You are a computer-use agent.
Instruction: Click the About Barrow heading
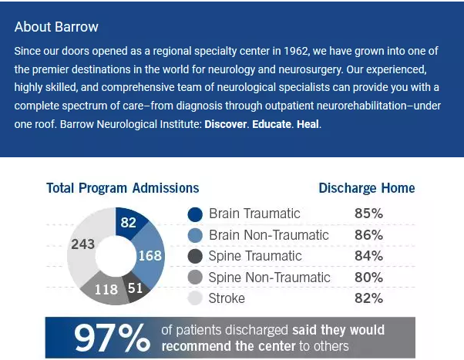(x=56, y=27)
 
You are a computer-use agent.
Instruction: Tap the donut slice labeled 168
(x=150, y=255)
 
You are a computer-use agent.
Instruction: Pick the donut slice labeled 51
(x=134, y=288)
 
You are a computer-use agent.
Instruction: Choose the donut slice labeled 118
(x=106, y=290)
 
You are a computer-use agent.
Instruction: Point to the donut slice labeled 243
(x=82, y=245)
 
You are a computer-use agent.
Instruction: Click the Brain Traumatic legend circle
(x=195, y=214)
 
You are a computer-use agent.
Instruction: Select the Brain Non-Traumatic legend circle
(x=195, y=235)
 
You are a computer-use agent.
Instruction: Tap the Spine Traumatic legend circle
(x=195, y=256)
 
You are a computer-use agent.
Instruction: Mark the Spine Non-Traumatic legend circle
(x=195, y=278)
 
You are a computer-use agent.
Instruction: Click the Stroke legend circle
(x=195, y=298)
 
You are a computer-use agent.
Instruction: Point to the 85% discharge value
(x=368, y=214)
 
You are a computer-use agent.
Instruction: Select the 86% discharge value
(x=368, y=235)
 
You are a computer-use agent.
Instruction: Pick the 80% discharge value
(x=368, y=278)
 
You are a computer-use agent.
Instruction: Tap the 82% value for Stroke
(x=368, y=298)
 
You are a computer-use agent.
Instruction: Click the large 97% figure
(x=112, y=338)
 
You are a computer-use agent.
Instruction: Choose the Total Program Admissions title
(x=123, y=188)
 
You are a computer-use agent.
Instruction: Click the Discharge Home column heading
(x=366, y=188)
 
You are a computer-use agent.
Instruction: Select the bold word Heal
(x=307, y=123)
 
